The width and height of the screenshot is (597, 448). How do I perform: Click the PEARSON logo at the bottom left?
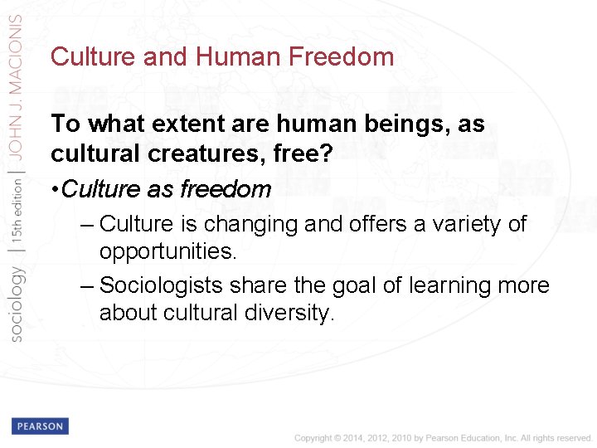point(40,426)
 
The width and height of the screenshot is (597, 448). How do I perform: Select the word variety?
point(468,224)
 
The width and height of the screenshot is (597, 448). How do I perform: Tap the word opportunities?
point(167,251)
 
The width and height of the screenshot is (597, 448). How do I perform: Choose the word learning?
point(434,285)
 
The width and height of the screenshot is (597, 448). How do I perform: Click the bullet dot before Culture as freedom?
point(55,189)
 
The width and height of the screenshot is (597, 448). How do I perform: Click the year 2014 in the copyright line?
point(350,438)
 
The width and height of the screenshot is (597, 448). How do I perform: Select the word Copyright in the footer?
point(312,438)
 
